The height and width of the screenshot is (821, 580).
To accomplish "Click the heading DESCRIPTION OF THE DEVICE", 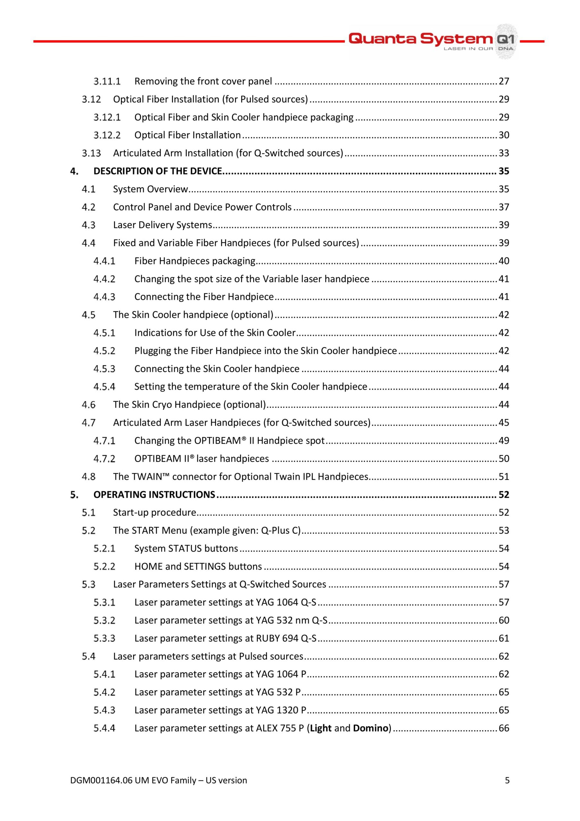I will click(x=158, y=171).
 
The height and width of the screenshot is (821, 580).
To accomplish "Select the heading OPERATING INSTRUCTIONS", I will click(x=154, y=495).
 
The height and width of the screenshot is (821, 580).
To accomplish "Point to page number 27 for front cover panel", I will click(x=503, y=81).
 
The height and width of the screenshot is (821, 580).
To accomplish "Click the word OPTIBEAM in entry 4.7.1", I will click(x=218, y=441).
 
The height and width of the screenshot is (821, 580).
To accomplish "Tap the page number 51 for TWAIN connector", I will click(x=503, y=477).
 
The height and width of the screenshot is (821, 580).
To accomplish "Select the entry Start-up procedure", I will click(x=154, y=512).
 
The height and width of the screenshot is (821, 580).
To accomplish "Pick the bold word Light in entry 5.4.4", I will click(x=320, y=728).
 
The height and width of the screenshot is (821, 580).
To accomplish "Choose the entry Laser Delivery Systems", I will click(x=162, y=225).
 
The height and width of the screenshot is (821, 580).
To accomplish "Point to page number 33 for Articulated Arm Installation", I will click(x=503, y=153).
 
